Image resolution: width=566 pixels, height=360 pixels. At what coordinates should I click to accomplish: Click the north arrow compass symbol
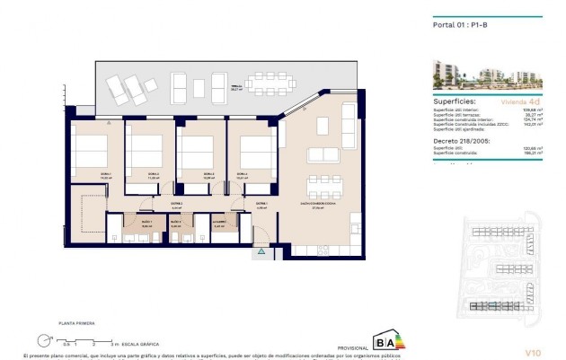44,339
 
